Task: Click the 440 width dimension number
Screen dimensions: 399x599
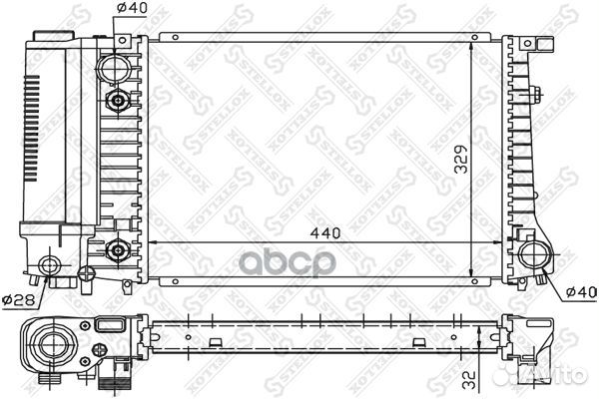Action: (325, 232)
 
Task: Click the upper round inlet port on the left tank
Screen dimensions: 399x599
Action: (115, 70)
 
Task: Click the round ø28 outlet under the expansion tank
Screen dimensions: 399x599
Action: (51, 265)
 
